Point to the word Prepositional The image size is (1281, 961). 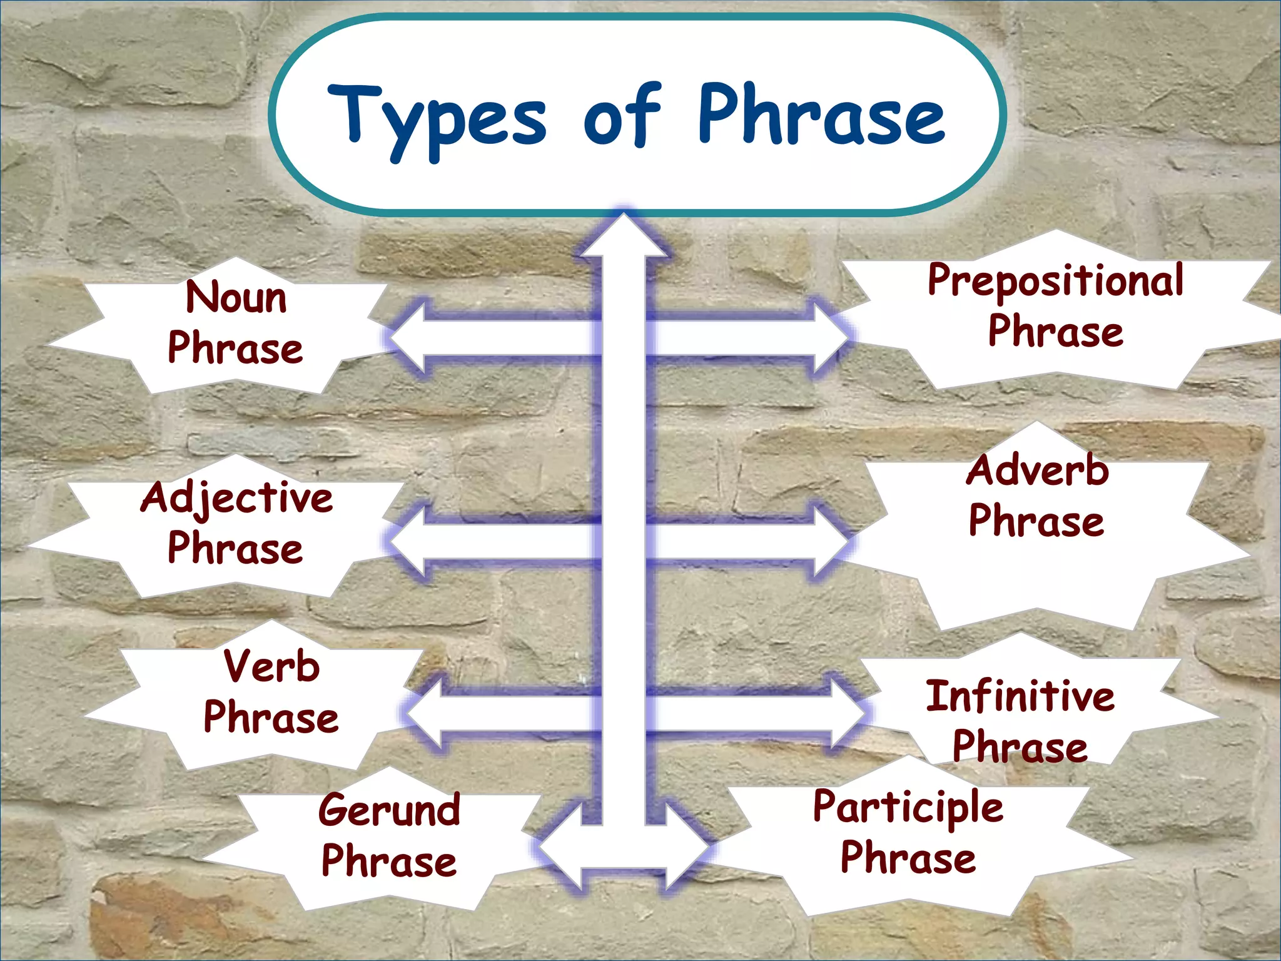pos(1055,281)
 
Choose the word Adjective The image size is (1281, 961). pos(236,499)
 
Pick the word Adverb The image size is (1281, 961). pos(1037,470)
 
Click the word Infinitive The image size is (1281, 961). pos(1020,696)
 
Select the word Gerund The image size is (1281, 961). pos(389,810)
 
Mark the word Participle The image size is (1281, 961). pos(908,807)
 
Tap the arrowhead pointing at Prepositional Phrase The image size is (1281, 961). pos(832,338)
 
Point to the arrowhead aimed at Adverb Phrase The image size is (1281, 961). pos(832,541)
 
